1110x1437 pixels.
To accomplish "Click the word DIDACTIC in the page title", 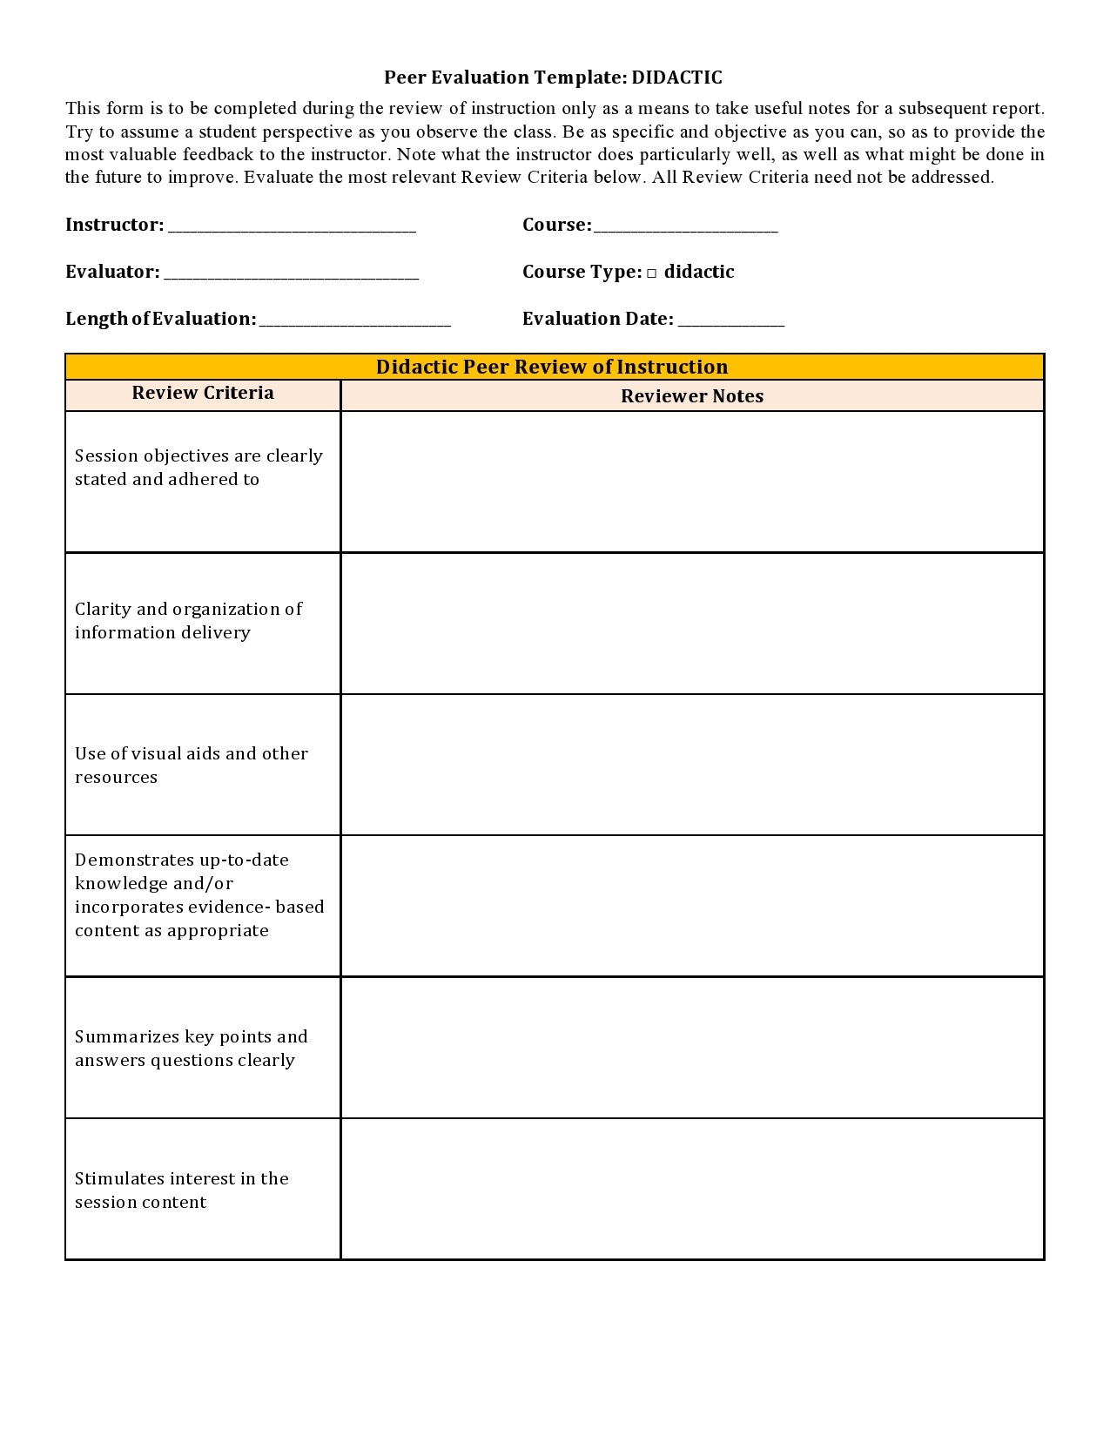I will tap(676, 78).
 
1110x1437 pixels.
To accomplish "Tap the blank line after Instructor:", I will tap(292, 228).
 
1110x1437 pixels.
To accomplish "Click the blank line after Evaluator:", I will tap(291, 275).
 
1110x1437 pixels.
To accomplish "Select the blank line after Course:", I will tap(685, 228).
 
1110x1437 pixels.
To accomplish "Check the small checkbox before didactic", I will tap(651, 273).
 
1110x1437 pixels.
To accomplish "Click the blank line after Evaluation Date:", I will tap(730, 321).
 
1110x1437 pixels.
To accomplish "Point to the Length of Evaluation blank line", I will tap(354, 321).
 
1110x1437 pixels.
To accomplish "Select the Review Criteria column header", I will tap(203, 393).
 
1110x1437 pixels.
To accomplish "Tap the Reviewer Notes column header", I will tap(691, 396).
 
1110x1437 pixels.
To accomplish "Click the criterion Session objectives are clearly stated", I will tap(198, 468).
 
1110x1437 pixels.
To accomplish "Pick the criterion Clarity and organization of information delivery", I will tap(188, 621).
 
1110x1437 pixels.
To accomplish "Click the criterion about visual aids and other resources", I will tap(192, 765).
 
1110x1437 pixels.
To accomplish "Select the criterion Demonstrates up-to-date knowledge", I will tap(198, 894).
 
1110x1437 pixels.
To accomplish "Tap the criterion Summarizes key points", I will tap(191, 1048).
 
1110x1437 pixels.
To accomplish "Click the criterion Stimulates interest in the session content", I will tap(181, 1190).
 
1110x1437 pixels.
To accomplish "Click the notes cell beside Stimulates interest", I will tap(691, 1189).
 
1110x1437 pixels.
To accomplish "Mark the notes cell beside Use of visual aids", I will tap(691, 765).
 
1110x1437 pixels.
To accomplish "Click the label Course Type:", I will tap(582, 273).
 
